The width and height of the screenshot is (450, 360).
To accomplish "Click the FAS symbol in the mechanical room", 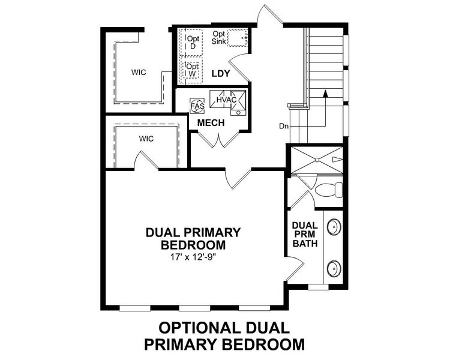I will click(x=196, y=105).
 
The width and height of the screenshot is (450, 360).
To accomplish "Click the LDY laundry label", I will click(x=221, y=74).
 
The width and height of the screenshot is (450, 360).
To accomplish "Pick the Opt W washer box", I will click(x=193, y=70).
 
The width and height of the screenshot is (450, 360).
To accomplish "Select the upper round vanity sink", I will click(x=333, y=227).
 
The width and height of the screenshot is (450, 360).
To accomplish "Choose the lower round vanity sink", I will click(x=333, y=268).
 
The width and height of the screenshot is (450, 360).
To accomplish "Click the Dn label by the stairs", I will click(x=284, y=126).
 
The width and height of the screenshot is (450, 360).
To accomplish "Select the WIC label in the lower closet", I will click(x=147, y=139).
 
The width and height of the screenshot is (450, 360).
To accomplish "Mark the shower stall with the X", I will click(x=316, y=159).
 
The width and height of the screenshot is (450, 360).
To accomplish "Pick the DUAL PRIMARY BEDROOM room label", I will click(x=193, y=238).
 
